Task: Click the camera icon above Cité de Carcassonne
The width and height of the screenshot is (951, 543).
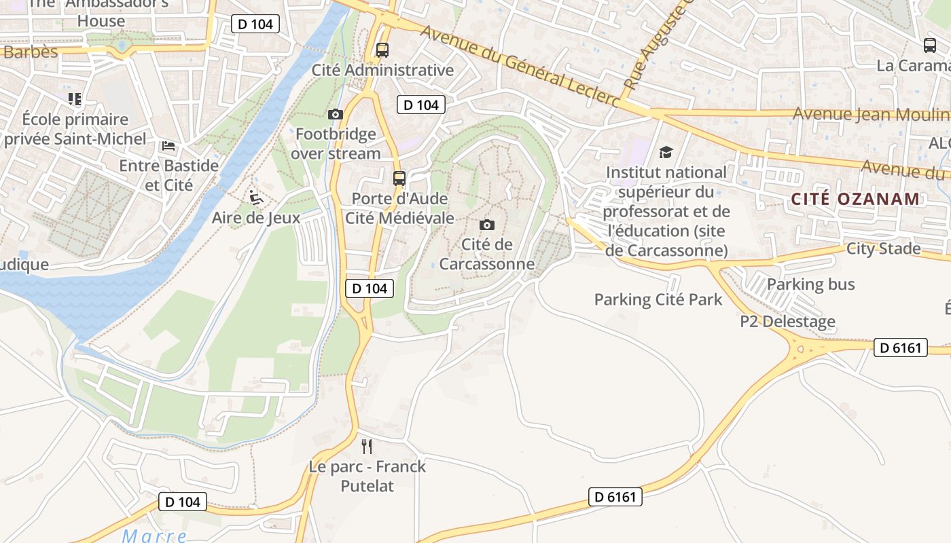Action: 487,225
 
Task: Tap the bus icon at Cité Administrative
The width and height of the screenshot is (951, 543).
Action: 382,50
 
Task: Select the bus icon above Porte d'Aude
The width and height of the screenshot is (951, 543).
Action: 399,179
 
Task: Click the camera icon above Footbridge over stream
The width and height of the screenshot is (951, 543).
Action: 336,114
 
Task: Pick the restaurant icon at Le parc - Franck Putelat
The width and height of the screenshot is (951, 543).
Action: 367,446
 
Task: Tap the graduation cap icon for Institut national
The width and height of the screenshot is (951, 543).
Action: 666,153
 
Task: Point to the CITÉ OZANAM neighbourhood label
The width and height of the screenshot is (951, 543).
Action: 855,199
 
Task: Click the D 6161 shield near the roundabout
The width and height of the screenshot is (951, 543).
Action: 900,348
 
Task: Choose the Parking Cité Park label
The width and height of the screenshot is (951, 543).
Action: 658,299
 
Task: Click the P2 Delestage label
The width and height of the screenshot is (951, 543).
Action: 788,321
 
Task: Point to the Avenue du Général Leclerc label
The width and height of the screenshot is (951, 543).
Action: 520,66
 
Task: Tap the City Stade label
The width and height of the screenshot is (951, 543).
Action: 883,248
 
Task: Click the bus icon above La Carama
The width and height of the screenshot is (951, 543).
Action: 930,45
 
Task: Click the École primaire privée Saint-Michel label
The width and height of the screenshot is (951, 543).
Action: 75,129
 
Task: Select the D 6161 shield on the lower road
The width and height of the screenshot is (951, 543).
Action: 615,497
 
